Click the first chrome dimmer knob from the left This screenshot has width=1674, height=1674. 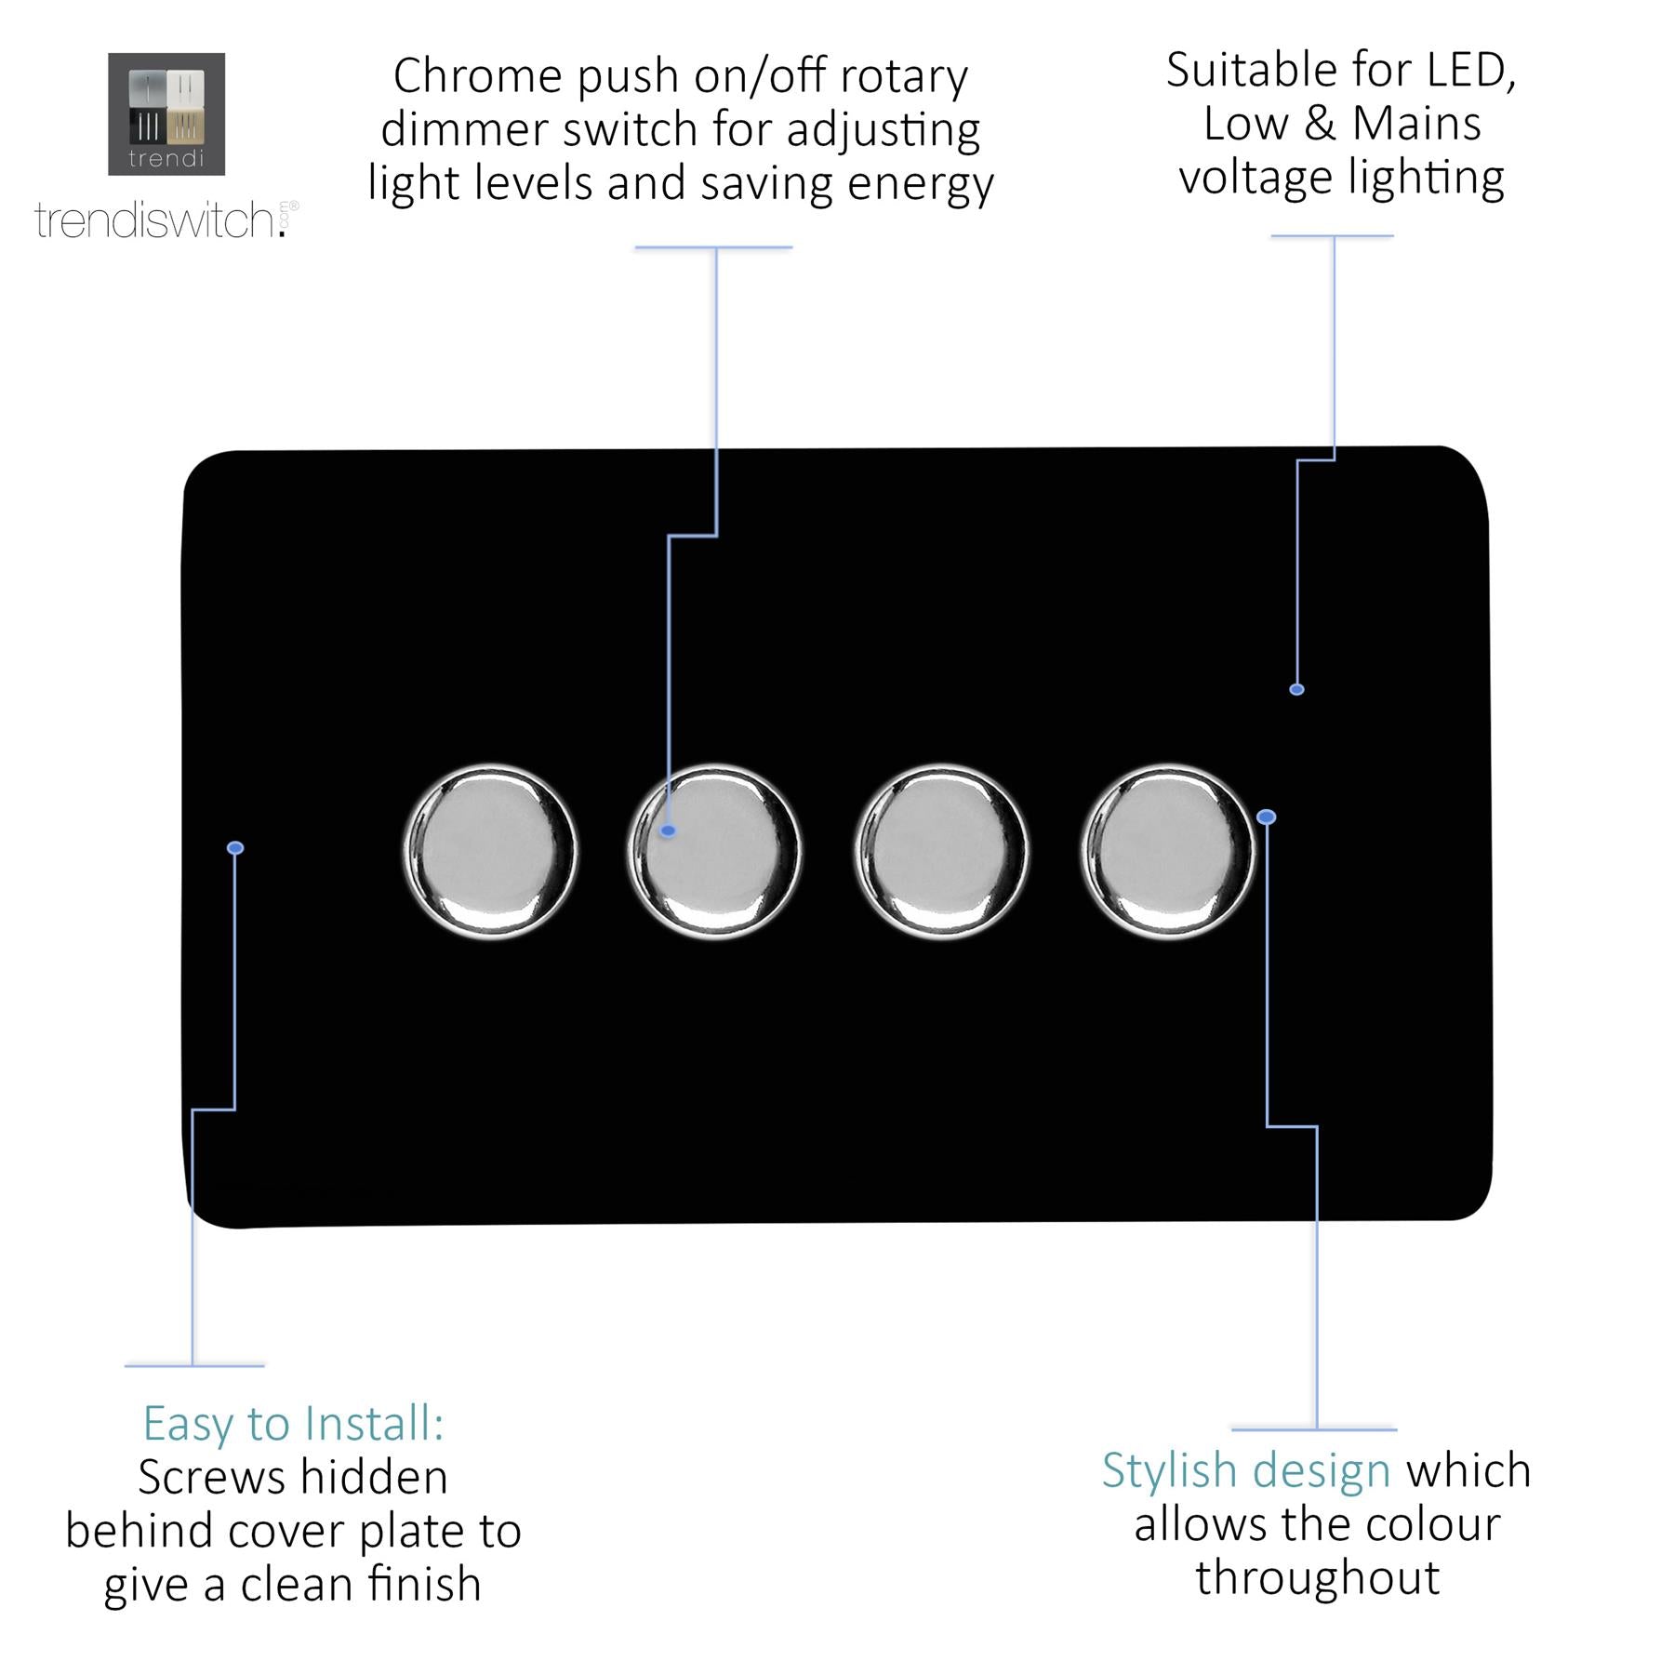(491, 851)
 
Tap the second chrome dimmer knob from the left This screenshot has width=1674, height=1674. (715, 851)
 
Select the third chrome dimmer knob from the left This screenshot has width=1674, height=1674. (941, 851)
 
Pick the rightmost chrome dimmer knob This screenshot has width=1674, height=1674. (1168, 851)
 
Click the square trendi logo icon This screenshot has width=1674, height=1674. (166, 114)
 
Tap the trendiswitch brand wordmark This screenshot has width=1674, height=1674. (166, 220)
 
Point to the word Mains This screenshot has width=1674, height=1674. (1416, 124)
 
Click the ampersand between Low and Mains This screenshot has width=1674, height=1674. (1319, 124)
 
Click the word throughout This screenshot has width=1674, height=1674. (1318, 1578)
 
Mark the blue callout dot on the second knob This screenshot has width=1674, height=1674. (668, 830)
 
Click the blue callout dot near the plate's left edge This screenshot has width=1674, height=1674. (235, 847)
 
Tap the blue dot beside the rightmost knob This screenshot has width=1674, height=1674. (1266, 817)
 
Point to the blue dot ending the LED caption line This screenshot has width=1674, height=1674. (1296, 689)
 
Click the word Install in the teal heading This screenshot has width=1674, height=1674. (375, 1424)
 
